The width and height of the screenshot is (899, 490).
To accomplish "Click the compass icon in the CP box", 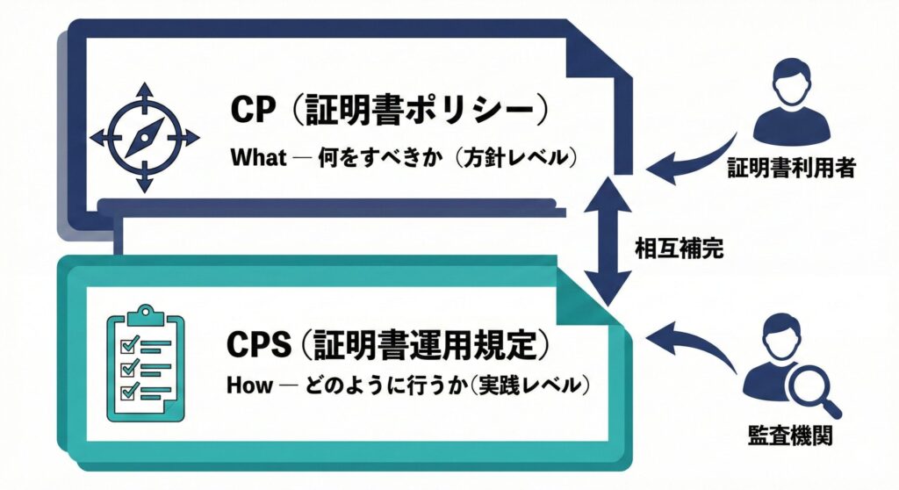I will pos(146,136).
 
